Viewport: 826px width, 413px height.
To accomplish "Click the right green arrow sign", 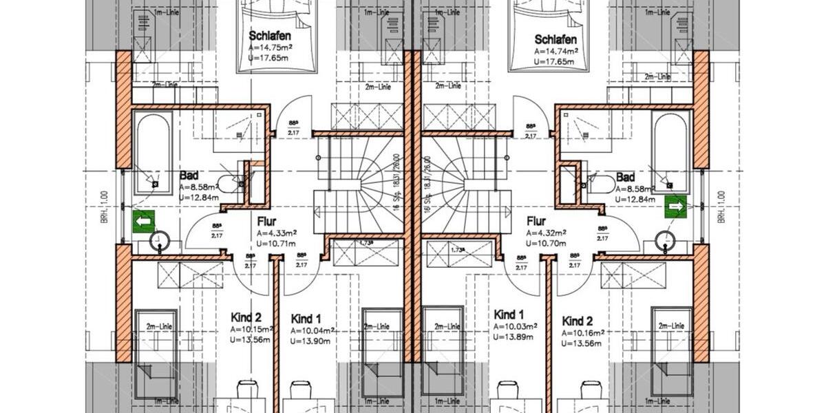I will coord(675,206).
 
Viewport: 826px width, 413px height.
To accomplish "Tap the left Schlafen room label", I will coord(269,36).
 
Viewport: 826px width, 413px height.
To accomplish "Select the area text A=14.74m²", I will coord(557,51).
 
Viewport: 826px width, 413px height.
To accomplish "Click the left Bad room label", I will coord(189,176).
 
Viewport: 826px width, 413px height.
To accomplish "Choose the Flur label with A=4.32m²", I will coord(536,222).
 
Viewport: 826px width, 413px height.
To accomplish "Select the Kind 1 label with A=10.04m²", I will coord(306,319).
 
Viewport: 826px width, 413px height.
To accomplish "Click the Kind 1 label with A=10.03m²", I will coord(509,315).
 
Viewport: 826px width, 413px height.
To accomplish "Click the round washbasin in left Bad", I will coord(160,241).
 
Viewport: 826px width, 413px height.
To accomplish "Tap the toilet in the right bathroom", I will coord(601,183).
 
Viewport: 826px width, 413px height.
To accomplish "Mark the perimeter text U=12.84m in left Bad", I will coord(199,198).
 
